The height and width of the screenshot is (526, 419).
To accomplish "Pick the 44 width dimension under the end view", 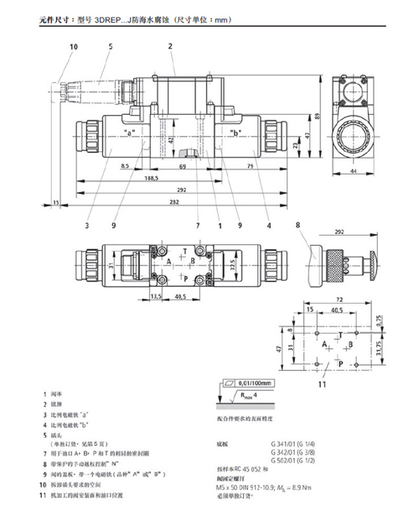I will click(x=353, y=171).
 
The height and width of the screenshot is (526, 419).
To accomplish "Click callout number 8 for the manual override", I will click(x=296, y=224).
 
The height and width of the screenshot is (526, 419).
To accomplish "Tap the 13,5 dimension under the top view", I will click(x=156, y=295).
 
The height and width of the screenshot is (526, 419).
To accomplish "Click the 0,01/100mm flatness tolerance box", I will click(x=260, y=383).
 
